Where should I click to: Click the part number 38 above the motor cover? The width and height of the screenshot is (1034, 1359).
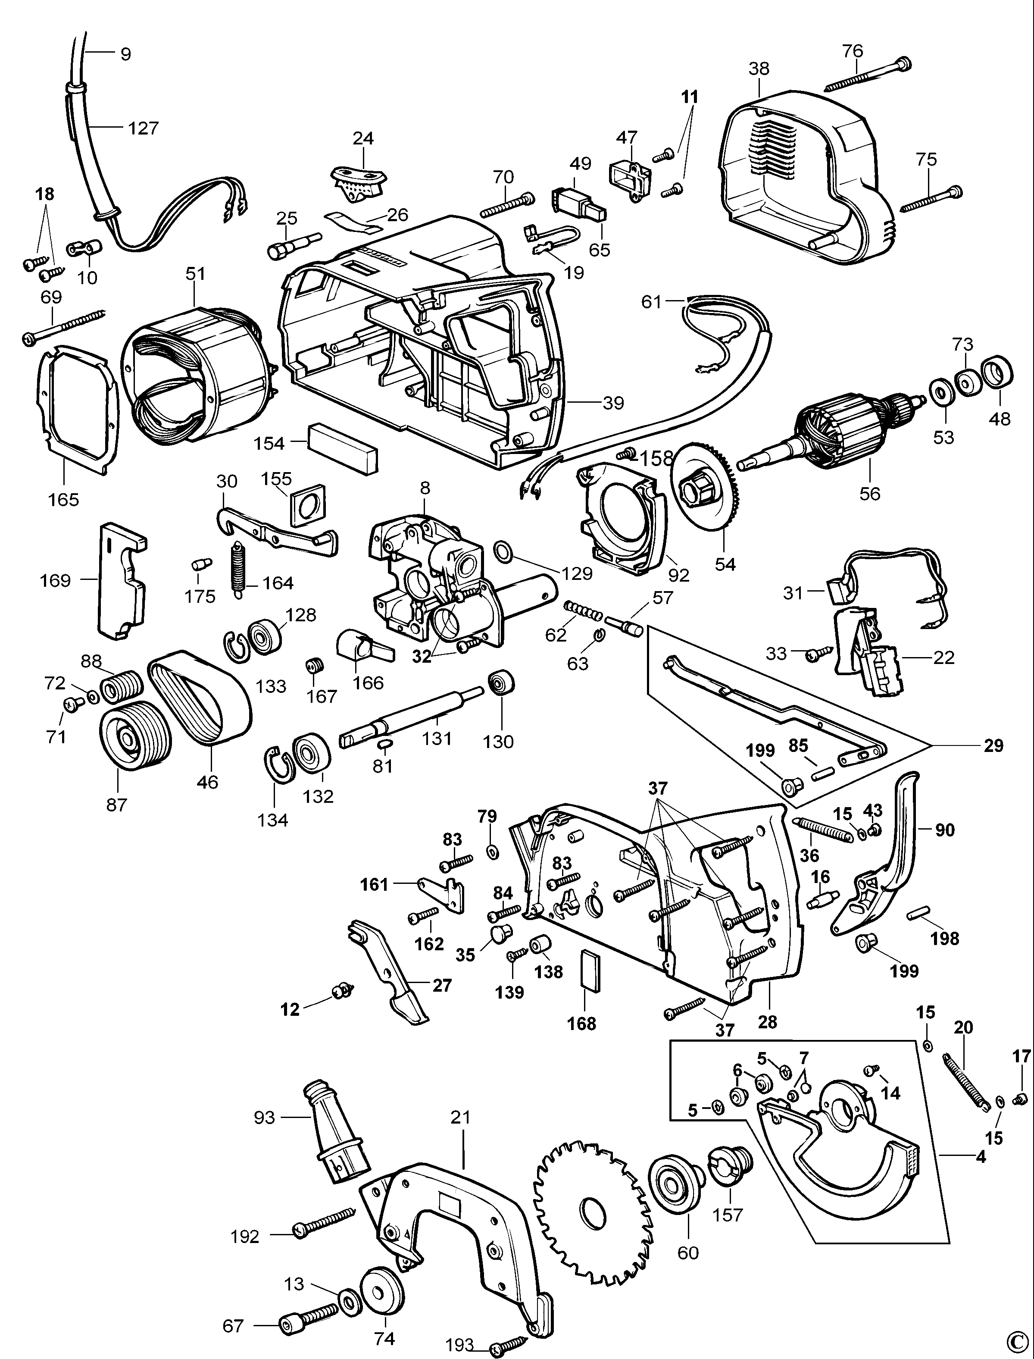tap(759, 69)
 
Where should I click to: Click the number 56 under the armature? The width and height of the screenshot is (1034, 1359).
tap(870, 493)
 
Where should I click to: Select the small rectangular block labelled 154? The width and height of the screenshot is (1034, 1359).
tap(343, 448)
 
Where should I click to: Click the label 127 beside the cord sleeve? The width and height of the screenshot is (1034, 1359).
tap(144, 128)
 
